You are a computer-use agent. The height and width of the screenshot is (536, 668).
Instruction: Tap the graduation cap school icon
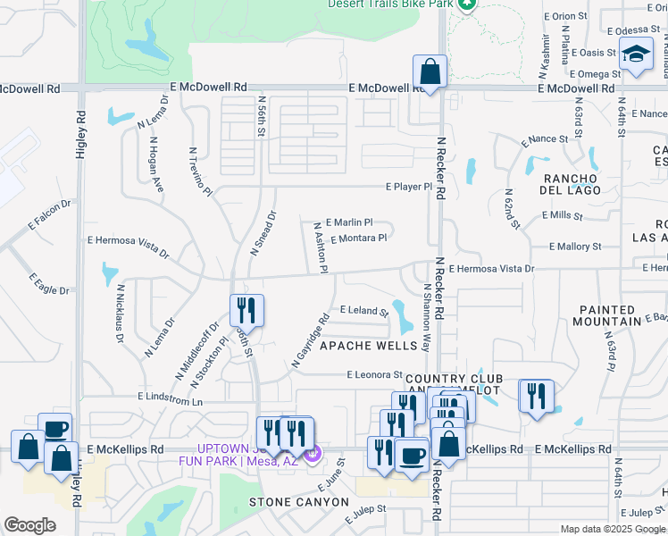point(637,55)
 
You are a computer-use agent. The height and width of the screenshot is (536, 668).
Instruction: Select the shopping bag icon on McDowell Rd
point(430,71)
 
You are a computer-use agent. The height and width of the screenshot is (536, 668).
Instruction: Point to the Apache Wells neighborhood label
point(368,346)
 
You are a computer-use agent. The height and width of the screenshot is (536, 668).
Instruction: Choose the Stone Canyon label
point(298,502)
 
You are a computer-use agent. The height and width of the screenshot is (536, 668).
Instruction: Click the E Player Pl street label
point(408,187)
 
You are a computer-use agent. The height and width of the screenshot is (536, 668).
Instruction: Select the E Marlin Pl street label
point(349,222)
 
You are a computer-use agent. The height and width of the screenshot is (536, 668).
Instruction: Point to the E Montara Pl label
point(358,239)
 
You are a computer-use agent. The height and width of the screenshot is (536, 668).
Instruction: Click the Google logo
point(29,525)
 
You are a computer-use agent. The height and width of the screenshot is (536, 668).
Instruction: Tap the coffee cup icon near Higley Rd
point(54,429)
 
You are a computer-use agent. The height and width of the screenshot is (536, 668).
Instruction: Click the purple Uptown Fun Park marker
point(312,454)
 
